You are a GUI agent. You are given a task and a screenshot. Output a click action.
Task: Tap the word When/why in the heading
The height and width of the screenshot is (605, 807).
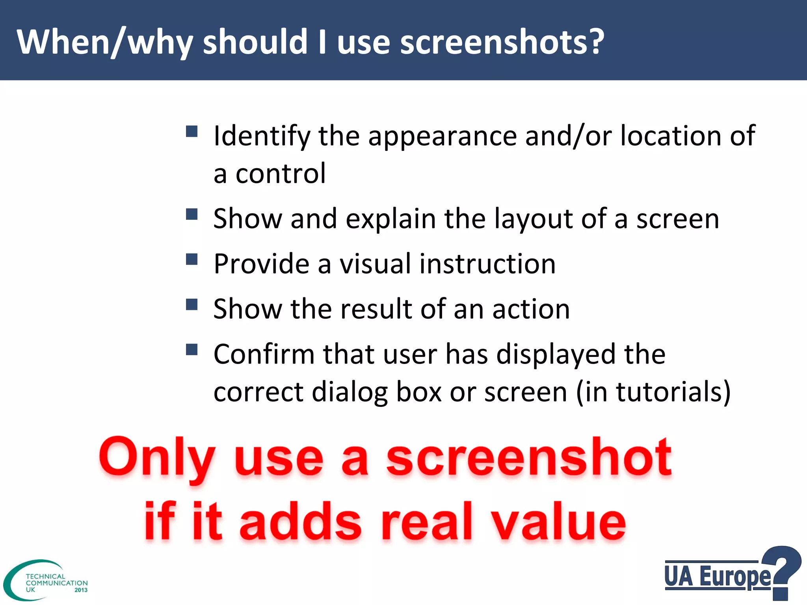[x=105, y=43]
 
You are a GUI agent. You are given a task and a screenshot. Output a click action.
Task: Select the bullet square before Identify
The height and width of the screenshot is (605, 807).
[x=192, y=131]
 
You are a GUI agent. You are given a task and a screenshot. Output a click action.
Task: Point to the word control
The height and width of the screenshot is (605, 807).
[x=281, y=173]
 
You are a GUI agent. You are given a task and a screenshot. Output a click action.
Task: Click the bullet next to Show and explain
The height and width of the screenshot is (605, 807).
[x=192, y=215]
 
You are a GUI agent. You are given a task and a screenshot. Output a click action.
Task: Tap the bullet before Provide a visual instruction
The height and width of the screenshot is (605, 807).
[x=192, y=259]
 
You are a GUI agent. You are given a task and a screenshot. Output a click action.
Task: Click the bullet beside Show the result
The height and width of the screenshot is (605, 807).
[x=192, y=304]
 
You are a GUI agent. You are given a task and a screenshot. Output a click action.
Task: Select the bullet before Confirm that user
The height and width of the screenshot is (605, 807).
[x=192, y=349]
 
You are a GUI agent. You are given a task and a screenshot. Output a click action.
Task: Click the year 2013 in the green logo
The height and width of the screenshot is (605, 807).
[x=81, y=590]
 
